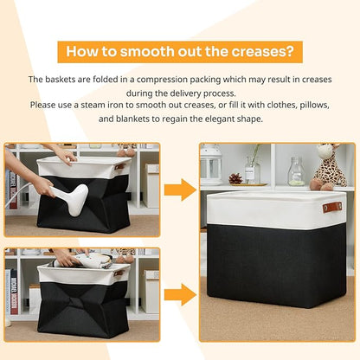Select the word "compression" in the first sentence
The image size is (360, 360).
click(162, 80)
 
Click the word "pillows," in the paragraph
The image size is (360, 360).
click(314, 105)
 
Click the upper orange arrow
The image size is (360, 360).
click(180, 190)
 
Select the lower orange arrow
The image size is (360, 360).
click(180, 294)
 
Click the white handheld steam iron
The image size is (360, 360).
click(71, 199)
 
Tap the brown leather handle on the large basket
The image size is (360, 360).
click(332, 207)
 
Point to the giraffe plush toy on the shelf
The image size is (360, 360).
click(330, 166)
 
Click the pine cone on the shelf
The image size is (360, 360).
click(235, 179)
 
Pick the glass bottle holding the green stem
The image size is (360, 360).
click(253, 172)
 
